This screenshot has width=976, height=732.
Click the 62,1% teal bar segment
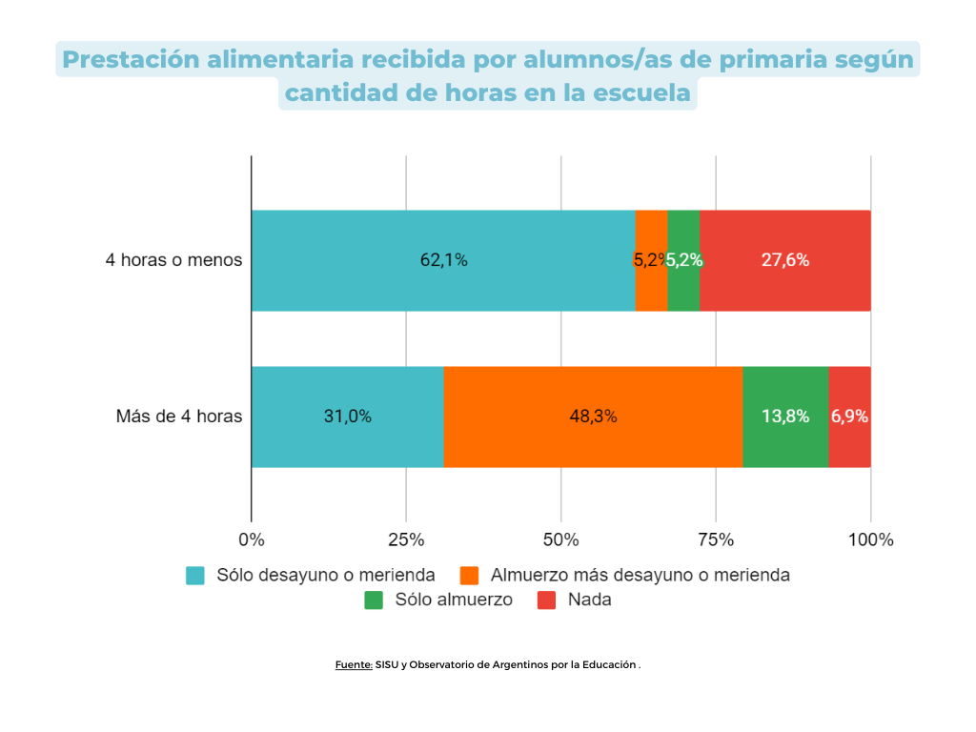click(443, 260)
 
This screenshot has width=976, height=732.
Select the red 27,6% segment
click(784, 260)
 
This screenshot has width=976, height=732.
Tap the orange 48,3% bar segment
click(593, 417)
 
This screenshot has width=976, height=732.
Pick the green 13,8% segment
click(785, 417)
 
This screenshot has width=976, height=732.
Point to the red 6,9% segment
click(849, 417)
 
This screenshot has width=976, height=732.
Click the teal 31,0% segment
click(347, 417)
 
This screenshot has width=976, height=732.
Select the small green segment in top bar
click(683, 260)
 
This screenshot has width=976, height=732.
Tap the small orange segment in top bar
click(651, 260)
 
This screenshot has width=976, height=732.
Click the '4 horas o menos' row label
click(173, 260)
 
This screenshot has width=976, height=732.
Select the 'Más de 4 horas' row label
click(179, 417)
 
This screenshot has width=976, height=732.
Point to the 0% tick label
click(251, 540)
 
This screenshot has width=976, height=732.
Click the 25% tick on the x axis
click(406, 540)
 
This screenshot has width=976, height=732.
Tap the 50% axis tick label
click(560, 540)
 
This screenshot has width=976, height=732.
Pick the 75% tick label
click(716, 540)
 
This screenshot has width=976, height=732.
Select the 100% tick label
click(870, 540)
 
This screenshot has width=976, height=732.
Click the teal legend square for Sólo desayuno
click(195, 576)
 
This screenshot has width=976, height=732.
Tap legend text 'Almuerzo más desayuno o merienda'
click(640, 576)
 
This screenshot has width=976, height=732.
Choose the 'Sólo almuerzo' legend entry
click(454, 600)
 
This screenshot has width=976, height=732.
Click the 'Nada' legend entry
click(589, 600)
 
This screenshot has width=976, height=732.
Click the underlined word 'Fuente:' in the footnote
click(354, 665)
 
